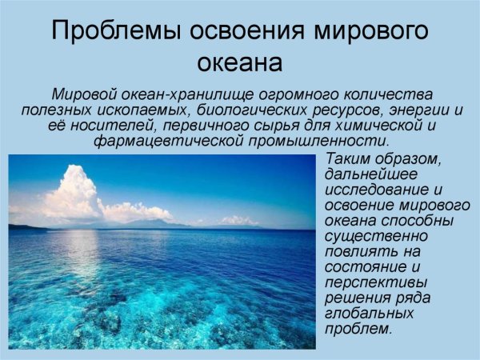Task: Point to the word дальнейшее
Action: point(369,175)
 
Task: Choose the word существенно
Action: point(373,236)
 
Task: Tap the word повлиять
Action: point(360,251)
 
